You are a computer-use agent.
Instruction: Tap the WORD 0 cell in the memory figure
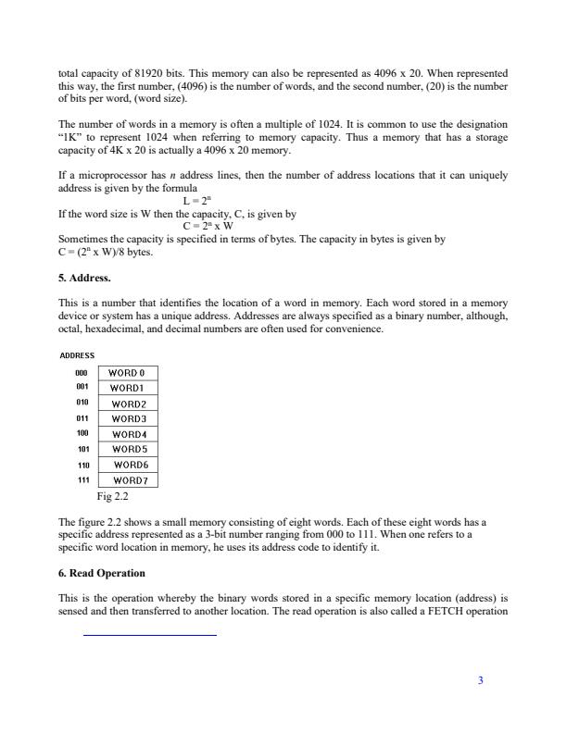coord(128,373)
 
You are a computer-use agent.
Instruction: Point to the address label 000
coord(82,373)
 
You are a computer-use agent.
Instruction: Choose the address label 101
coord(82,449)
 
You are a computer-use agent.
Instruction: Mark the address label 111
coord(82,480)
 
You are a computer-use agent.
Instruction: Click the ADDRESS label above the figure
coord(76,354)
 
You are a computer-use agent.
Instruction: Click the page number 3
coord(480,681)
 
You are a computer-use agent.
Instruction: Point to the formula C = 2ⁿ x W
coord(207,227)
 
